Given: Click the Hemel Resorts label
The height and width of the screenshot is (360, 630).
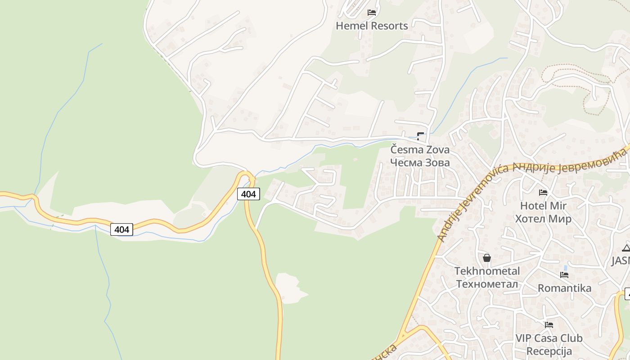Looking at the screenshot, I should pos(372,26).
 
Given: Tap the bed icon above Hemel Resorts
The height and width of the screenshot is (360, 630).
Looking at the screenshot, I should pos(372,13).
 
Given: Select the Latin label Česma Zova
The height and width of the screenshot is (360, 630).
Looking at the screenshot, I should pos(419,149).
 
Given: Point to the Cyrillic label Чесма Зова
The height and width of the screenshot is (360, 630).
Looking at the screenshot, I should pos(419,162).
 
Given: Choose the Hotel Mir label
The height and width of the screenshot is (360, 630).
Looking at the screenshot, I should pos(543,206).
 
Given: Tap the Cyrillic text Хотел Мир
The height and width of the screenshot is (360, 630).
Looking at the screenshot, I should pos(543,219).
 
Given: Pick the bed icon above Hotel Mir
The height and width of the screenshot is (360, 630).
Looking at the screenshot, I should pos(543,193).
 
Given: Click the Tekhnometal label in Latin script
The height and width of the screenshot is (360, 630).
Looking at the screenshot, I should pos(487,271).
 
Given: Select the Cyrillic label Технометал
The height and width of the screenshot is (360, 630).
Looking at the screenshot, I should pos(487,284).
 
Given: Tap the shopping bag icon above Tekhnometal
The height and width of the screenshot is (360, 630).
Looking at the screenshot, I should pos(486,258).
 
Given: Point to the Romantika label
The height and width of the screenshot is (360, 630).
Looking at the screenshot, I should pos(564,288).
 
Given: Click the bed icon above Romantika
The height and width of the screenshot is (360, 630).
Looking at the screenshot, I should pos(564,275).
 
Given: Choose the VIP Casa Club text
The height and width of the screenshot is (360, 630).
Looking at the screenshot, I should pos(549,338).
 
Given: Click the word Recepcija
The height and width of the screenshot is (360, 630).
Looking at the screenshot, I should pos(549,351).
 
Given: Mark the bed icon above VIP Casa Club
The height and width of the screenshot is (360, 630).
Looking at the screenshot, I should pos(549,324).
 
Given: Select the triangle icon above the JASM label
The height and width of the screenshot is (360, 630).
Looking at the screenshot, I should pos(626,247).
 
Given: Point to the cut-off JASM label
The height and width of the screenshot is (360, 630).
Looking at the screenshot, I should pos(621,261).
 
